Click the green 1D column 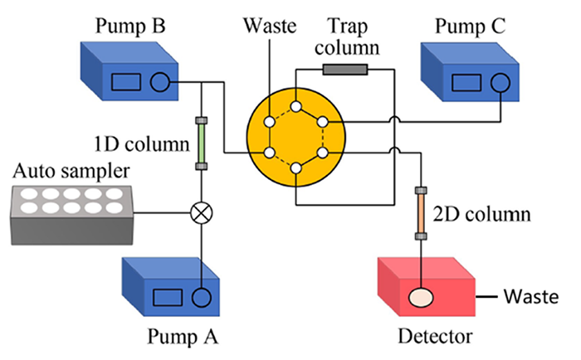tap(200, 143)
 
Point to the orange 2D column tap(421, 212)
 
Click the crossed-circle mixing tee tap(200, 212)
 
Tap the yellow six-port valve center tap(295, 138)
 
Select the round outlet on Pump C tap(498, 83)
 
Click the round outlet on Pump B tap(159, 81)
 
